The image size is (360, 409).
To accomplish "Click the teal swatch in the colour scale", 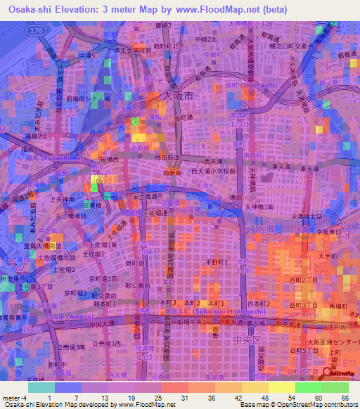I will pyautogui.click(x=42, y=387).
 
